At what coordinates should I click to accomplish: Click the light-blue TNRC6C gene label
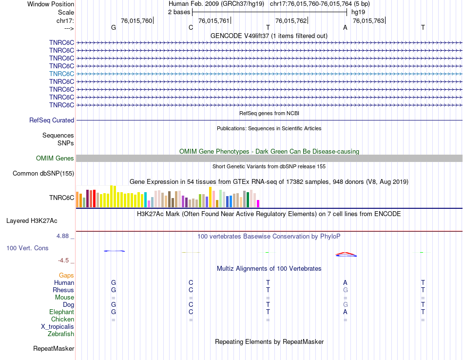click(x=61, y=74)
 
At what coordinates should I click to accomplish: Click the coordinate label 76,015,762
click(x=291, y=20)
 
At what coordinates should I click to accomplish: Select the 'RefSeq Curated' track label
click(x=52, y=120)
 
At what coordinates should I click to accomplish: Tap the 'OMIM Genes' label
click(x=55, y=158)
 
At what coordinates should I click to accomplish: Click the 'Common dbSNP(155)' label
click(x=43, y=173)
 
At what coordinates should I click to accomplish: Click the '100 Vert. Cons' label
click(x=27, y=248)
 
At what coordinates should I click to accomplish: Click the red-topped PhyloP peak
click(x=346, y=254)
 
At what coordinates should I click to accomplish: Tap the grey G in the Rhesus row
click(x=345, y=290)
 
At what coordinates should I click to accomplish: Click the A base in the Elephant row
click(x=345, y=312)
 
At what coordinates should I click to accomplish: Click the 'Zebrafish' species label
click(x=61, y=334)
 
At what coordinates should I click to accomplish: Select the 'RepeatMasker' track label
click(x=54, y=349)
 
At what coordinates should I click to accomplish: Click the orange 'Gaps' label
click(x=66, y=275)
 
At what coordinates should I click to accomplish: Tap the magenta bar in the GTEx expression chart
click(x=258, y=203)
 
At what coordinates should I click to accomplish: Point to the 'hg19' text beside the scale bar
click(x=358, y=12)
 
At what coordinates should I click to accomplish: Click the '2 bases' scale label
click(x=180, y=12)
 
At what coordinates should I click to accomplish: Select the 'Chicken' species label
click(x=62, y=319)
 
